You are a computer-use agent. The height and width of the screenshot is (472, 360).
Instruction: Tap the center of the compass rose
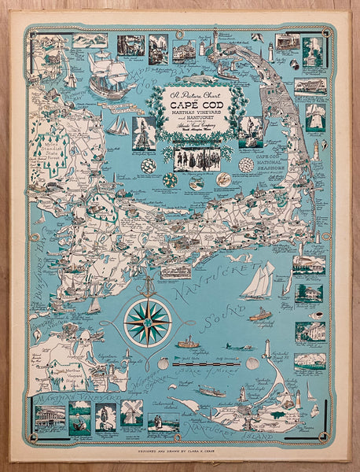click(147, 322)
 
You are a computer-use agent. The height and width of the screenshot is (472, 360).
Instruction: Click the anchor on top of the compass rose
click(147, 281)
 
